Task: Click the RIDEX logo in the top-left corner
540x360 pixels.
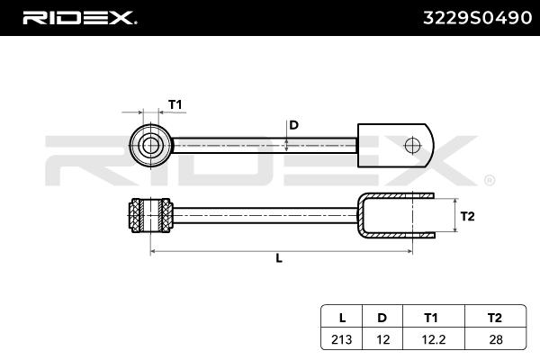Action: [x=78, y=16]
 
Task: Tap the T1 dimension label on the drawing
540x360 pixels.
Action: [x=175, y=105]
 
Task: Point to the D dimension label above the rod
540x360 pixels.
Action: [x=293, y=124]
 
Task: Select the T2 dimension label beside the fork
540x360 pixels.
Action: [x=467, y=216]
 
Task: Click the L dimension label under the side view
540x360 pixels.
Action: [x=279, y=258]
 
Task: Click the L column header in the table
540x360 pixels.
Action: [x=342, y=318]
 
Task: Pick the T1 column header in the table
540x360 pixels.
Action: [x=430, y=318]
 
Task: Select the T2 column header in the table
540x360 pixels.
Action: [x=494, y=318]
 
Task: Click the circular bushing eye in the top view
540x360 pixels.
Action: [x=150, y=143]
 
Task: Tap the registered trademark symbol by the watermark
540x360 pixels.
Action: [x=489, y=180]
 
